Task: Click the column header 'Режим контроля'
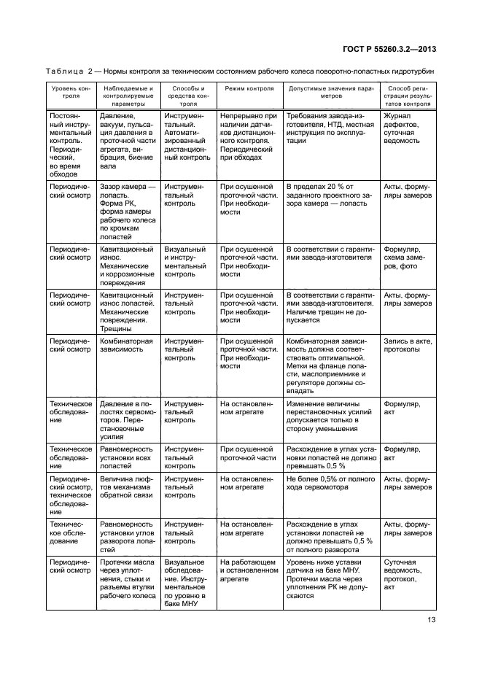(x=249, y=89)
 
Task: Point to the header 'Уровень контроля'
(x=71, y=94)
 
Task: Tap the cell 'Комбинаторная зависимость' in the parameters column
(x=127, y=345)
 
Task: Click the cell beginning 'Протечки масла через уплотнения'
(x=127, y=579)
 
